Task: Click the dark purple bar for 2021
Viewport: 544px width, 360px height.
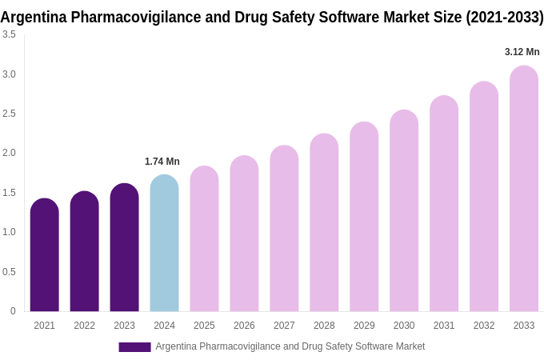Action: point(44,256)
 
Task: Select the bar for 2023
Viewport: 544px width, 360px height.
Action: point(124,248)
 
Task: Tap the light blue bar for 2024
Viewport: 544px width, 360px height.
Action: point(164,244)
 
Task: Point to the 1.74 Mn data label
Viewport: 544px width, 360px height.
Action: point(162,162)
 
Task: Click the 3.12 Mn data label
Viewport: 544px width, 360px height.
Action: point(522,52)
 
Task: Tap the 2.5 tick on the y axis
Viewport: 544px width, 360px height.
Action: point(9,114)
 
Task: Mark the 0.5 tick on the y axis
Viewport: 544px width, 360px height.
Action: point(9,272)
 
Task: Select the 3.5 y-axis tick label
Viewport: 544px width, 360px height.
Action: point(9,34)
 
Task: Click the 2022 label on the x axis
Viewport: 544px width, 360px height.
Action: point(84,326)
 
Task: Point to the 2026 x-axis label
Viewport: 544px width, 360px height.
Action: point(244,326)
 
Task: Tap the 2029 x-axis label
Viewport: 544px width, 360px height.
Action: point(364,326)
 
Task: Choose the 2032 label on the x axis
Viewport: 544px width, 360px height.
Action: point(484,326)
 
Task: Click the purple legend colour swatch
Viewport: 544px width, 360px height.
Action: point(134,347)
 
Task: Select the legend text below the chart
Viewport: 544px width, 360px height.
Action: point(290,346)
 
